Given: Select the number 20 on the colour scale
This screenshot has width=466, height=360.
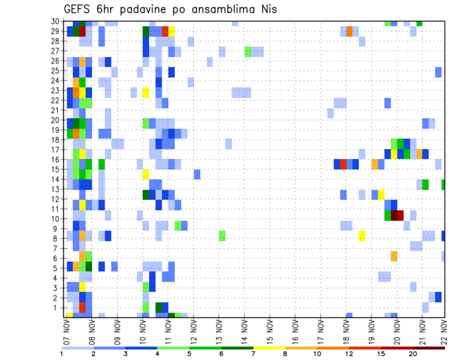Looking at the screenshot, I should [x=413, y=354].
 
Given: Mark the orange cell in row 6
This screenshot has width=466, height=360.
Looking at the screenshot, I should [x=394, y=256].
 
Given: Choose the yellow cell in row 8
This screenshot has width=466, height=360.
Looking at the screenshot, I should [x=362, y=236].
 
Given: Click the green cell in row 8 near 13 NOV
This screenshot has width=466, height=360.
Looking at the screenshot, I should [x=222, y=236].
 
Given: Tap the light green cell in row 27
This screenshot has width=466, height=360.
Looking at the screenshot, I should [x=248, y=51].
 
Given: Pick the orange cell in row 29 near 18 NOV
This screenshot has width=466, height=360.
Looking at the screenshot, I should [x=349, y=32].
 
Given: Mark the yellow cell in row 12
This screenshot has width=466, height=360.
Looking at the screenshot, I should [x=381, y=195].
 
